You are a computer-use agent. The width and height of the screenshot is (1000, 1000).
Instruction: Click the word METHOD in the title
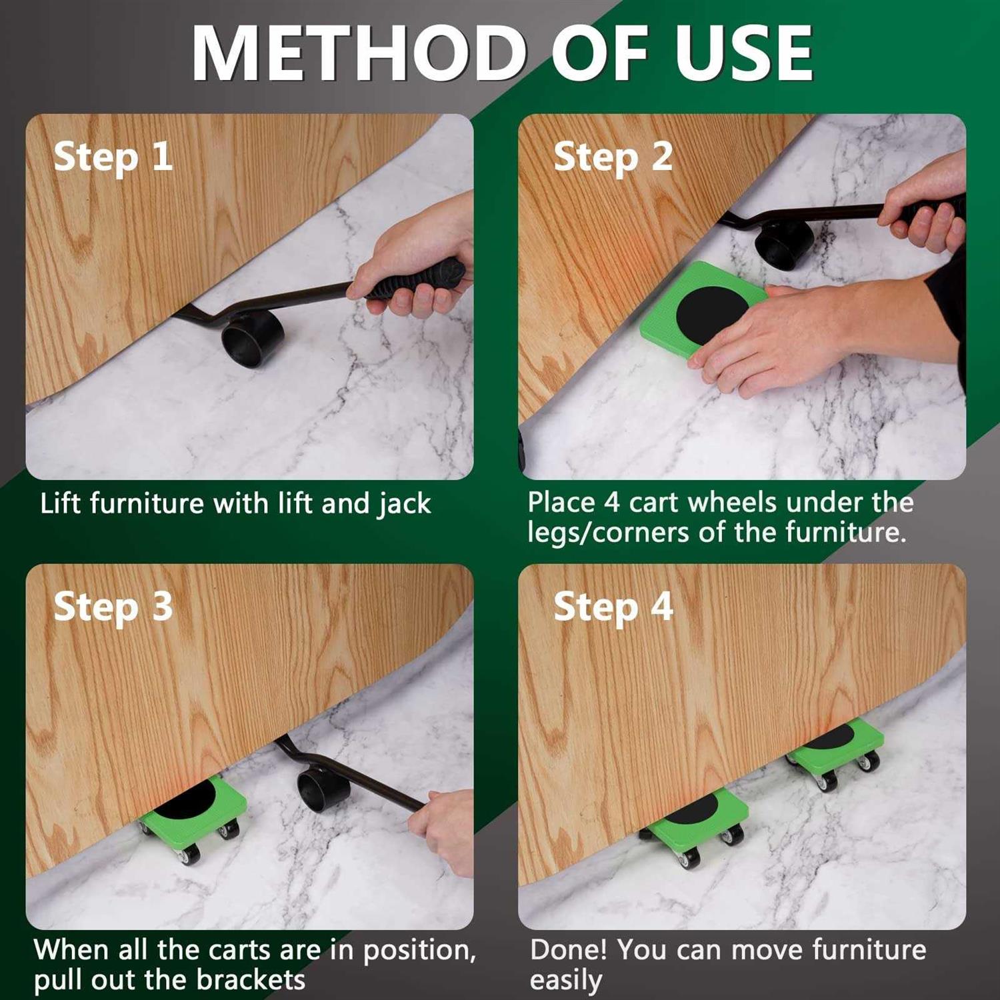tap(359, 53)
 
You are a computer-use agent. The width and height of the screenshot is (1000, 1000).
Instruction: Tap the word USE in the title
tap(745, 53)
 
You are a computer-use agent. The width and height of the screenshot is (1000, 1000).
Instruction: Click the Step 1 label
tap(113, 158)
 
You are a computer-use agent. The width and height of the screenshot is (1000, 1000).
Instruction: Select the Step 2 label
tap(613, 158)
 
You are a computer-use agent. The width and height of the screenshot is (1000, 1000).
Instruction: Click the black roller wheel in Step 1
tap(253, 339)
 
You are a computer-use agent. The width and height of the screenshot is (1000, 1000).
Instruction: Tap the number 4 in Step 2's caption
tap(612, 503)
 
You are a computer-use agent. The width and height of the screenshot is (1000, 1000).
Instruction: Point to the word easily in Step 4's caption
tap(566, 981)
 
